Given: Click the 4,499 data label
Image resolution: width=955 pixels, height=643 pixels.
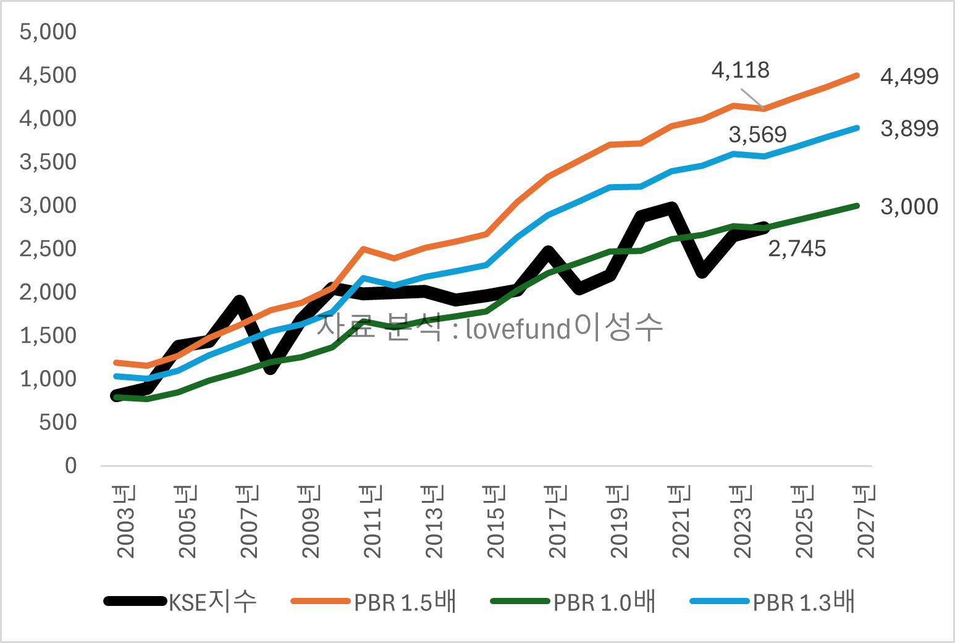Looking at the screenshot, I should pos(909,77).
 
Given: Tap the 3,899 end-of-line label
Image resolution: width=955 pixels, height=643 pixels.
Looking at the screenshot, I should pos(909,128).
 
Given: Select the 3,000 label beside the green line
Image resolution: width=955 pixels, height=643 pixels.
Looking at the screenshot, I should pos(909,206).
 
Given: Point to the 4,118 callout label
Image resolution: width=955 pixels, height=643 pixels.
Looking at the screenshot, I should pos(740,70).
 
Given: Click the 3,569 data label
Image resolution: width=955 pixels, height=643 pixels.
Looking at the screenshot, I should pos(757,134).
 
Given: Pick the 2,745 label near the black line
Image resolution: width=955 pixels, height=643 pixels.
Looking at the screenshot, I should pos(796,248).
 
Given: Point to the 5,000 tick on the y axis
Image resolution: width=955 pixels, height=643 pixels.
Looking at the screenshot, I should pos(48,32).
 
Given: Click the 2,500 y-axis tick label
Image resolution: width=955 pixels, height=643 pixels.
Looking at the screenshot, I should pos(48,249).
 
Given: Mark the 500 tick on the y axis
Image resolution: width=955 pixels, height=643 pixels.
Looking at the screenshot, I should pos(57,422).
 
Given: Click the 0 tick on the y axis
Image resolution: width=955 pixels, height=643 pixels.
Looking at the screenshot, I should pos(70,466).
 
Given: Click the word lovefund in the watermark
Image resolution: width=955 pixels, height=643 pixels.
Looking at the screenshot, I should pos(518,329).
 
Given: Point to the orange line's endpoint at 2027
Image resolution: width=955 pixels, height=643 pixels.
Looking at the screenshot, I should pos(857,75).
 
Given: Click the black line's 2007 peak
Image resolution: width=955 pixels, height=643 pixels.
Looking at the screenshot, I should pos(240,301).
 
